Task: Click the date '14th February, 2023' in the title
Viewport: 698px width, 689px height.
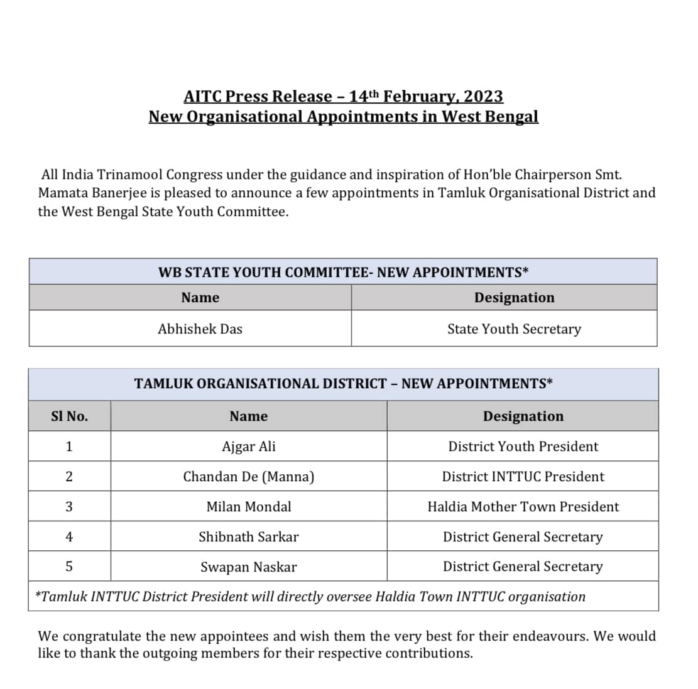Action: point(426,96)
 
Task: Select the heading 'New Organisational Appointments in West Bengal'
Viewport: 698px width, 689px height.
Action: point(343,117)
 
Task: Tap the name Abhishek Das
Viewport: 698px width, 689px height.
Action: point(200,329)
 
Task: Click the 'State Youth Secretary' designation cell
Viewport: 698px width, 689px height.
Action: point(514,329)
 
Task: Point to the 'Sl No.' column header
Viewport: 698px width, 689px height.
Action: point(69,416)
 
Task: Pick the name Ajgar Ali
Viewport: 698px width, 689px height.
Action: point(249,447)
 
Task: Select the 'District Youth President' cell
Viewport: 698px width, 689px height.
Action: point(523,447)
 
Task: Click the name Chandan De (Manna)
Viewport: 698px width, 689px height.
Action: point(249,477)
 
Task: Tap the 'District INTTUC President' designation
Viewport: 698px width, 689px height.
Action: point(523,477)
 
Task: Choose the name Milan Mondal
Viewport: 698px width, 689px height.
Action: point(249,507)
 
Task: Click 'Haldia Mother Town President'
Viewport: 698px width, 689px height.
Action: point(523,507)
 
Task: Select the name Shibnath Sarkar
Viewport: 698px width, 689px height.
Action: point(249,537)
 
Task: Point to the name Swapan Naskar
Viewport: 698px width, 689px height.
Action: point(249,567)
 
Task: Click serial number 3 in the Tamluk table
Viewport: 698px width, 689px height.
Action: point(69,507)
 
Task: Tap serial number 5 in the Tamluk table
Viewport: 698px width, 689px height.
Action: point(69,567)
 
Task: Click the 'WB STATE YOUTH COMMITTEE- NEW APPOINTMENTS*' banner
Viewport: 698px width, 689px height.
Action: point(343,273)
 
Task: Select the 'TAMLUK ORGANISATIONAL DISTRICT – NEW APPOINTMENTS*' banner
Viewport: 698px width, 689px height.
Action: point(343,384)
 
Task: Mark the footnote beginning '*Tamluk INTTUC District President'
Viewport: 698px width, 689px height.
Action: point(310,597)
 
